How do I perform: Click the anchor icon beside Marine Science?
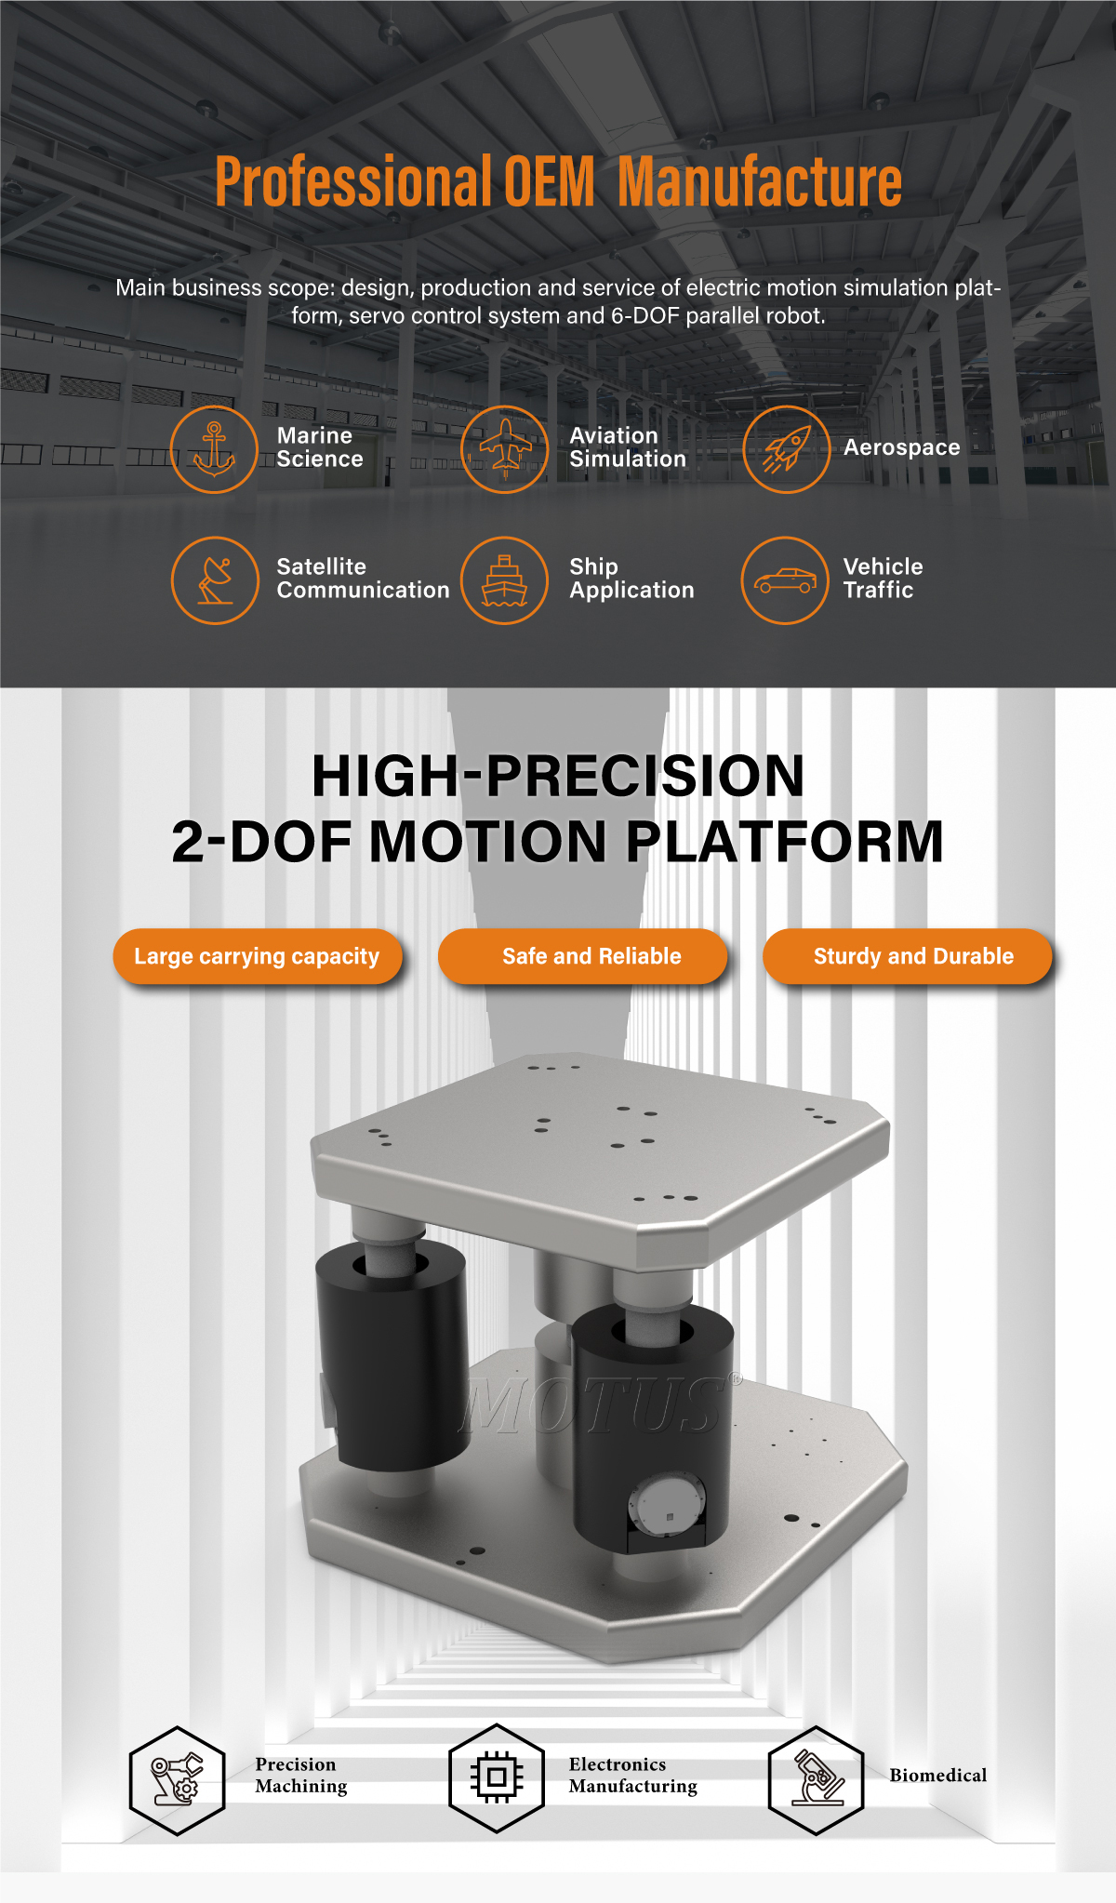[x=214, y=449]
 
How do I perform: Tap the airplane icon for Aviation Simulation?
[x=505, y=449]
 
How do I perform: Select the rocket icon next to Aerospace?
[x=787, y=449]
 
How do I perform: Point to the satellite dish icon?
[x=215, y=580]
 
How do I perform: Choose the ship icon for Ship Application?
[x=505, y=580]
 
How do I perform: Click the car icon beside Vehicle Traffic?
[x=785, y=580]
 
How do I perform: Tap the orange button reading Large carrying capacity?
[x=258, y=956]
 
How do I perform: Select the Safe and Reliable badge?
[x=583, y=956]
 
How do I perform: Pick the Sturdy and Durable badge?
[x=908, y=956]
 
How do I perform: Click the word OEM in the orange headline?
[x=549, y=181]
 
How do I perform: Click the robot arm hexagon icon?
[x=178, y=1780]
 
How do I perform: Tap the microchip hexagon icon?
[x=497, y=1777]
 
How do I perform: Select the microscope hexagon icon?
[x=817, y=1780]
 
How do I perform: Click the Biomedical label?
[x=938, y=1775]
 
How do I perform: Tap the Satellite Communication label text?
[x=363, y=579]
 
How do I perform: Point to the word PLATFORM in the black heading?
[x=785, y=842]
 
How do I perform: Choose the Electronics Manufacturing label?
[x=633, y=1775]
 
